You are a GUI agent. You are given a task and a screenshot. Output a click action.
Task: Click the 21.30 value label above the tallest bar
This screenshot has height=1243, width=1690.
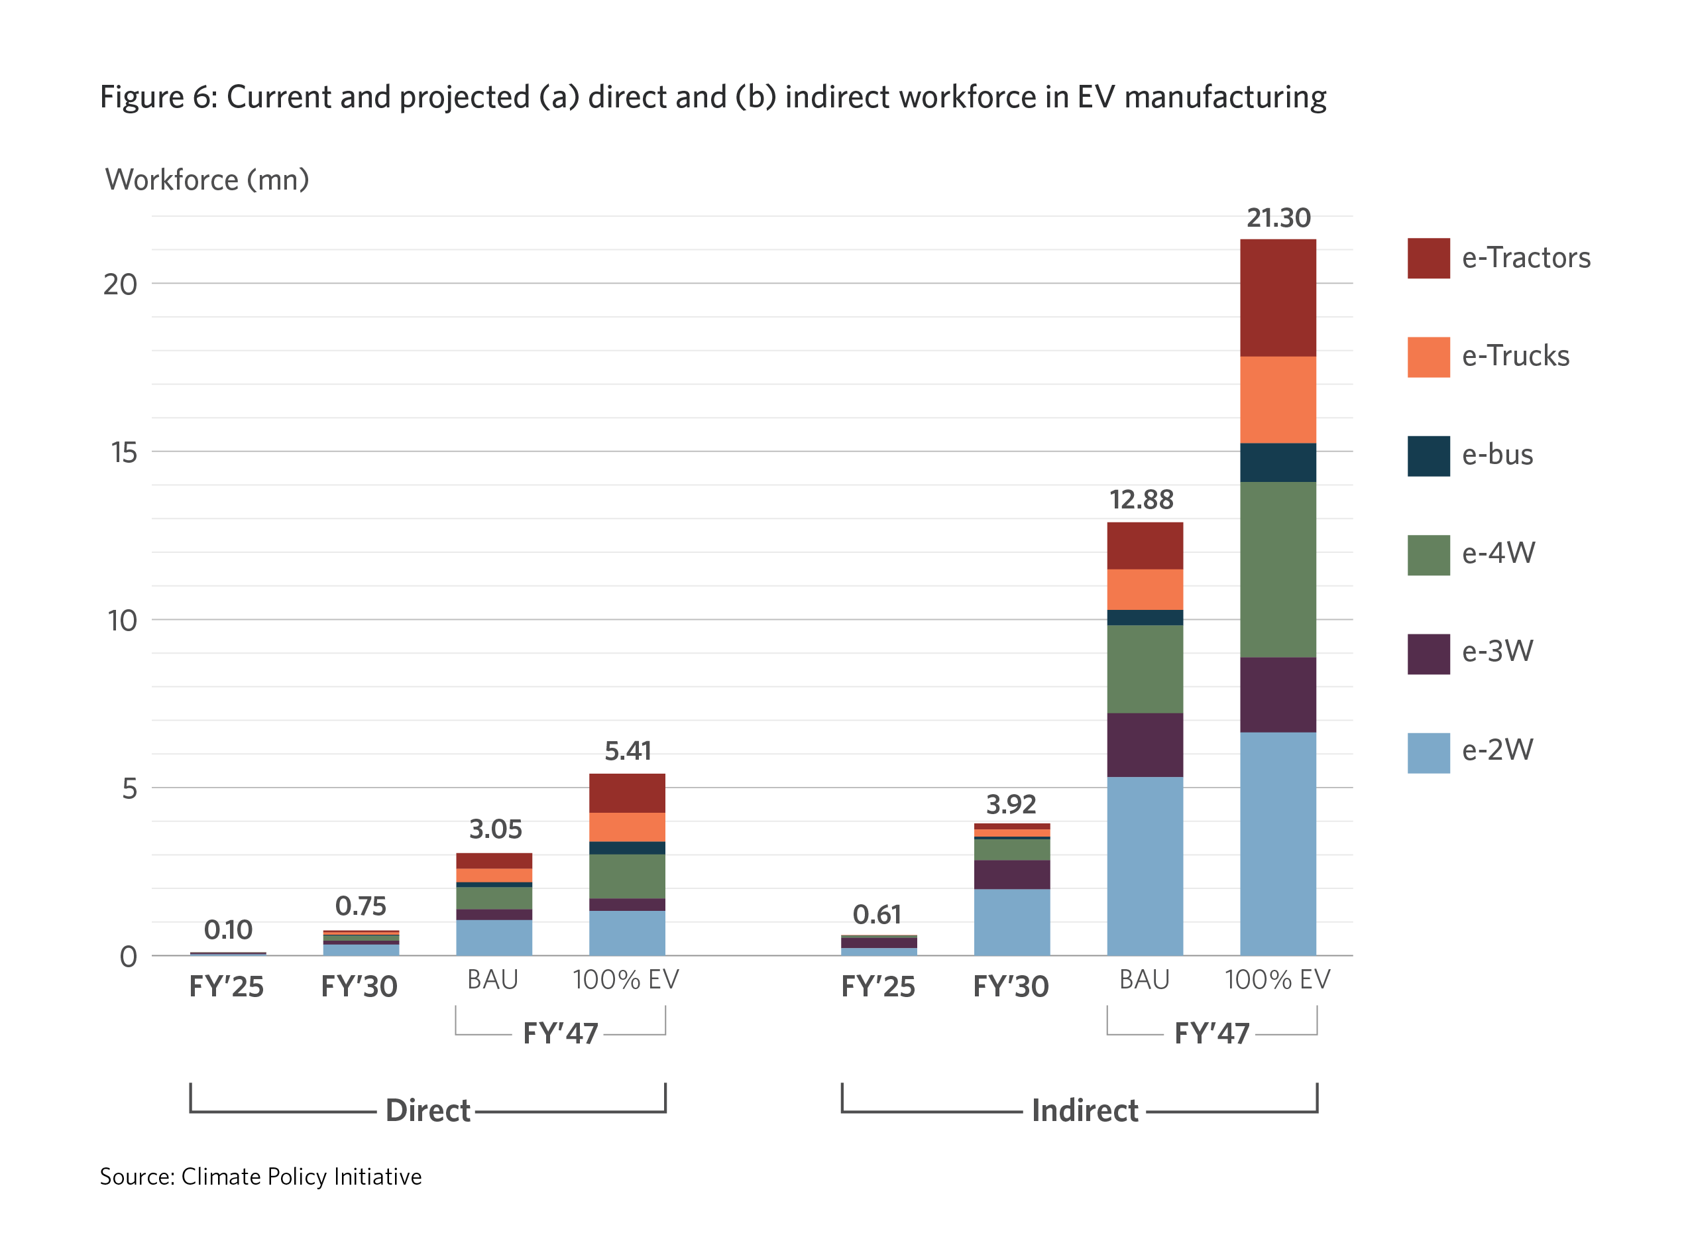pyautogui.click(x=1277, y=218)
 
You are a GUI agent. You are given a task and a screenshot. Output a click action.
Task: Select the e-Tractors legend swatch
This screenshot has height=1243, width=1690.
pyautogui.click(x=1428, y=258)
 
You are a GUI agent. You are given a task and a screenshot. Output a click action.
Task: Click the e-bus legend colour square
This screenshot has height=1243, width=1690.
pyautogui.click(x=1428, y=455)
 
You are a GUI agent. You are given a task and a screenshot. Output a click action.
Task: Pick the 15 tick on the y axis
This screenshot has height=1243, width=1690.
pyautogui.click(x=124, y=452)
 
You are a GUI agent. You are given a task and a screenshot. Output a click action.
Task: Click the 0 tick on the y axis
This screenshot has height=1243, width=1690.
pyautogui.click(x=129, y=957)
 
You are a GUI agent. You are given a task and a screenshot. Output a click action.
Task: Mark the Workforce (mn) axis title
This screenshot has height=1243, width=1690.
pyautogui.click(x=207, y=180)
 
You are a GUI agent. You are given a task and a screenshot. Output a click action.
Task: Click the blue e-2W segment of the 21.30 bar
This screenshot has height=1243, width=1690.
pyautogui.click(x=1277, y=843)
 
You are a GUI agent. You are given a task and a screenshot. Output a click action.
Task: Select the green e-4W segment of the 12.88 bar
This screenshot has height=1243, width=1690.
pyautogui.click(x=1144, y=668)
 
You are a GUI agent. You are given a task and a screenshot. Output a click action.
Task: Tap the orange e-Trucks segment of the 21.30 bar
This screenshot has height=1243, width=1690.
pyautogui.click(x=1277, y=400)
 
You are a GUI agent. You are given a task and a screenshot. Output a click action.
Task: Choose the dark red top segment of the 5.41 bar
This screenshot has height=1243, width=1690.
pyautogui.click(x=626, y=792)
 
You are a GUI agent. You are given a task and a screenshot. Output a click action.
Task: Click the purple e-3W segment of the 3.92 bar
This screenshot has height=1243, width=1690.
pyautogui.click(x=1011, y=874)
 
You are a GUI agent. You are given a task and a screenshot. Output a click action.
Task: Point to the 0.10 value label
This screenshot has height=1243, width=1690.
pyautogui.click(x=228, y=930)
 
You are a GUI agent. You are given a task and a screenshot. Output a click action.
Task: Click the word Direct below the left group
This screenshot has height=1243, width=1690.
pyautogui.click(x=427, y=1110)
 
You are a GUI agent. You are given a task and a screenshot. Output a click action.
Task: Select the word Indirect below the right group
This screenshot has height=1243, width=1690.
pyautogui.click(x=1084, y=1110)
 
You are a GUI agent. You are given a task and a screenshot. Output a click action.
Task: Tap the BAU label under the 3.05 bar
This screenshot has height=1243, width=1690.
pyautogui.click(x=492, y=980)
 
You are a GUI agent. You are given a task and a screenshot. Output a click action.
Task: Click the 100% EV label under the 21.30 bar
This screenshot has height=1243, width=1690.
pyautogui.click(x=1277, y=980)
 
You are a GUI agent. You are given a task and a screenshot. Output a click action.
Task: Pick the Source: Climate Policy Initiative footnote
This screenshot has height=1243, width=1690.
pyautogui.click(x=260, y=1177)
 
